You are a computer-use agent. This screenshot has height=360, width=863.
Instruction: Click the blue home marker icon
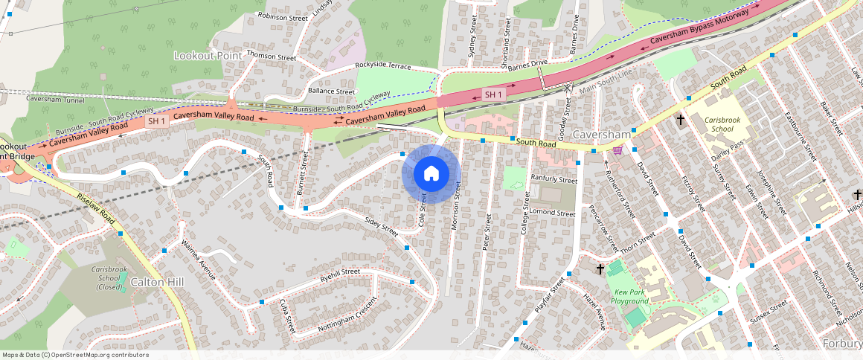point(431,174)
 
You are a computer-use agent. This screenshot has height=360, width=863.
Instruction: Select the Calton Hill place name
point(156,283)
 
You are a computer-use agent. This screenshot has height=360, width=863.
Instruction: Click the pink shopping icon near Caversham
point(617,150)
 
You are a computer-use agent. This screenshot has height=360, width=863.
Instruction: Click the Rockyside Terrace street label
point(382,66)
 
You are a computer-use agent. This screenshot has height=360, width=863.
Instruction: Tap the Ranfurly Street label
point(554,179)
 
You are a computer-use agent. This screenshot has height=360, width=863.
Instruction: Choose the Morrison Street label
point(457,208)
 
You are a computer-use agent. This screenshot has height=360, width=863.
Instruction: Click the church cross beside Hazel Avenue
point(600,267)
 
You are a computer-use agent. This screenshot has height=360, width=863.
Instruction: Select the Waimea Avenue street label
point(199,263)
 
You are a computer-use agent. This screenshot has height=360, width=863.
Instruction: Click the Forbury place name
point(843,343)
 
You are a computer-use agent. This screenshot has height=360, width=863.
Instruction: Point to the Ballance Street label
point(331,91)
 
